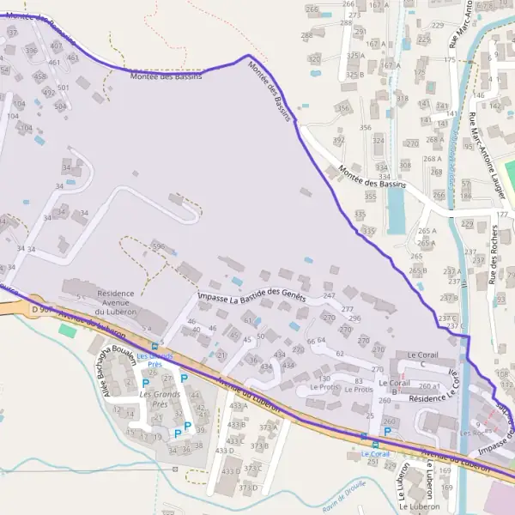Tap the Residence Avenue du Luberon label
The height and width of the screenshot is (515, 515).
[116, 301]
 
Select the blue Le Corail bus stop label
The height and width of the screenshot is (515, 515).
[375, 453]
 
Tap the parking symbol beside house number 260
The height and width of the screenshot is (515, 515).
[387, 432]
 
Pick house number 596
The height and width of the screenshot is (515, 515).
[157, 246]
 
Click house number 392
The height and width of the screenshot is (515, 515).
[339, 140]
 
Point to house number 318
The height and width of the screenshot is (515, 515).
[402, 99]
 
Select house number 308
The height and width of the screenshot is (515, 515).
[404, 165]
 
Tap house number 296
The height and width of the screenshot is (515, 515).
[354, 318]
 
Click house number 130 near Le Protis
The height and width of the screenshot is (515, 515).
[324, 379]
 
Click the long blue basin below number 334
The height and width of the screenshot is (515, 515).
[396, 209]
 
